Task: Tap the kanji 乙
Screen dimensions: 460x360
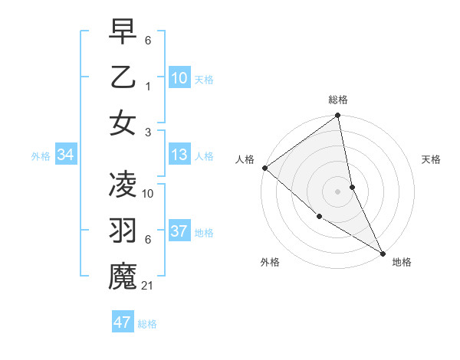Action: click(x=123, y=77)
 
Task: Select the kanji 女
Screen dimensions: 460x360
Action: click(x=123, y=123)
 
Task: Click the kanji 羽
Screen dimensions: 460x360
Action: click(x=123, y=231)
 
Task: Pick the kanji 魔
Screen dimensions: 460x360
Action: click(x=123, y=277)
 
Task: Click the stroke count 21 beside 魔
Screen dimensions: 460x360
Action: click(x=149, y=286)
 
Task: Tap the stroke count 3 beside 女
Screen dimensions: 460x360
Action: click(x=148, y=133)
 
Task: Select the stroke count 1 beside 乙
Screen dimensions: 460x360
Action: click(x=148, y=87)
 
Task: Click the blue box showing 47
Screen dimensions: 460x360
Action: click(x=123, y=322)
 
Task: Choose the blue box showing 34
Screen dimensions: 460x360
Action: click(x=66, y=155)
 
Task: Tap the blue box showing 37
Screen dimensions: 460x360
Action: click(x=179, y=232)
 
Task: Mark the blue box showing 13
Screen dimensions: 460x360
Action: click(x=179, y=155)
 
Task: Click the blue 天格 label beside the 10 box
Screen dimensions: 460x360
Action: click(x=204, y=80)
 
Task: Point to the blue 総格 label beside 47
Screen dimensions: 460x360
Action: click(x=147, y=324)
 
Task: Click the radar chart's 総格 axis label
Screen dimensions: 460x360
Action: click(x=338, y=100)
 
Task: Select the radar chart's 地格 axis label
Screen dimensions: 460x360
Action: click(x=402, y=262)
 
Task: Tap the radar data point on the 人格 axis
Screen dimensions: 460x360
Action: click(x=264, y=168)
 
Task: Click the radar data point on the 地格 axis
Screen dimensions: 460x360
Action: click(x=382, y=252)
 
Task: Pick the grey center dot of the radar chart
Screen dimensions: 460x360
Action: click(x=337, y=191)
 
